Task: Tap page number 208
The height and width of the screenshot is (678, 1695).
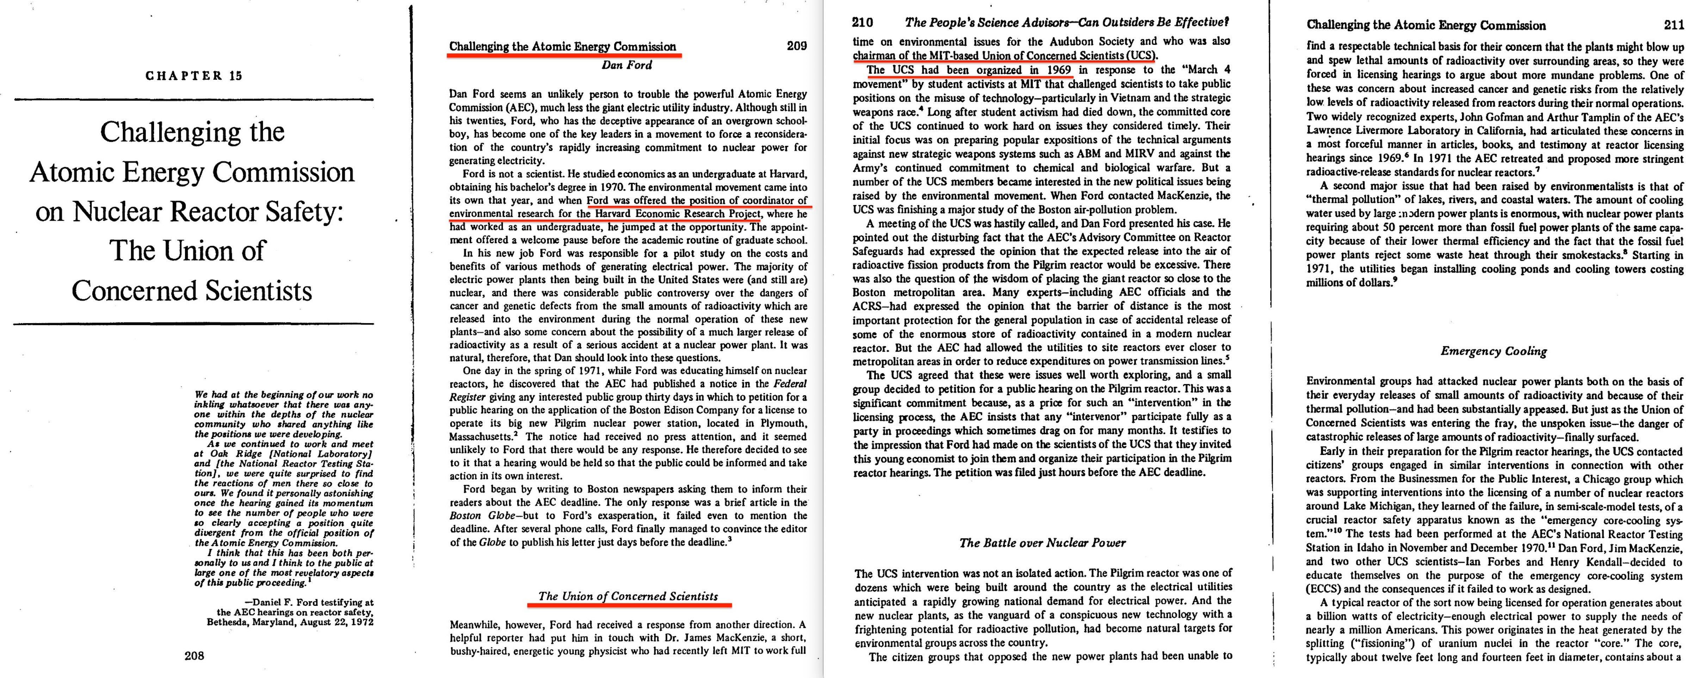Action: coord(194,655)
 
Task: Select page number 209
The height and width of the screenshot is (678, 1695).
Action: coord(796,46)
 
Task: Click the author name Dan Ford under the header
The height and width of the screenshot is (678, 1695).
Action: coord(627,65)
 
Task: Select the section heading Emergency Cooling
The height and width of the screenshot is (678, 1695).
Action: coord(1494,351)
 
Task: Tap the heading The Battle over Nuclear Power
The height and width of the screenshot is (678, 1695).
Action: coord(1042,543)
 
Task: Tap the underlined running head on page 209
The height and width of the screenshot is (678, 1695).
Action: coord(562,47)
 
